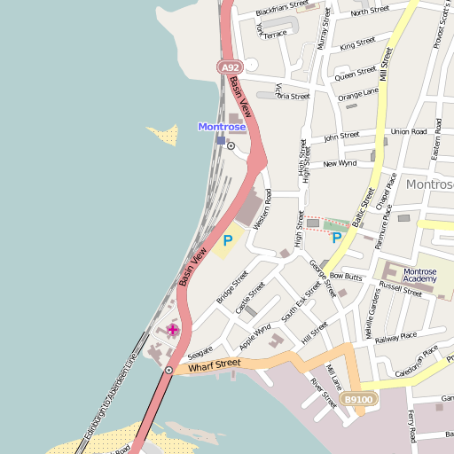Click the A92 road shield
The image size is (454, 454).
point(230,67)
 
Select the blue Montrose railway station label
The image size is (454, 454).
point(222,127)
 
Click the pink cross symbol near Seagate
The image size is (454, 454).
point(172,330)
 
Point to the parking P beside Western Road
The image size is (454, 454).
point(228,239)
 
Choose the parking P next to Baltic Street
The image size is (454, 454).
point(336,237)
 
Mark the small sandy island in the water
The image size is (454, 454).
point(162,135)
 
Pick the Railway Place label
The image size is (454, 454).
point(395,337)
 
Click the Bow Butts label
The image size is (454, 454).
point(347,278)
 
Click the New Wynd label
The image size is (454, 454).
point(340,164)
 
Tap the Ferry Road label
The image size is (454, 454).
point(411,426)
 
